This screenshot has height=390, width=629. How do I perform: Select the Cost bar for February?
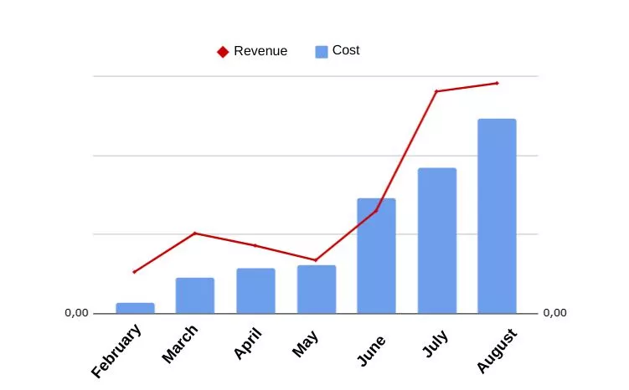pos(135,308)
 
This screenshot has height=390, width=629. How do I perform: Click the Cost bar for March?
pos(195,295)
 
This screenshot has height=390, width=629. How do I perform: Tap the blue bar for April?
pos(255,290)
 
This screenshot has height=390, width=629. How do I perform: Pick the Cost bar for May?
pos(316,289)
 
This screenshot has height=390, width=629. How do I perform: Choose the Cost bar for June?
pos(376,255)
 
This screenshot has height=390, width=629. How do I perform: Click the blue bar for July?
pos(436,240)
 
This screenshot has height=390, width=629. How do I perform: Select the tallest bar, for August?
pos(497,216)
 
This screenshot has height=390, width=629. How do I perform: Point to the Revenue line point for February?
pos(134,272)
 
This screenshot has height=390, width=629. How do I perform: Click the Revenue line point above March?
pos(195,233)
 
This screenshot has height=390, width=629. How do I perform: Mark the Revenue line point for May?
pos(316,260)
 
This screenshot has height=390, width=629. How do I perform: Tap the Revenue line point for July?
pos(436,91)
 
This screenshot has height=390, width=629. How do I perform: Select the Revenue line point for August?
pos(497,83)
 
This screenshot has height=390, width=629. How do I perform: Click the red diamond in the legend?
pos(223,52)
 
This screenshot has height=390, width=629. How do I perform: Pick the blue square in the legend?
pos(321,52)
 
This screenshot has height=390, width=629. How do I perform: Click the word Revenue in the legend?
pos(260,51)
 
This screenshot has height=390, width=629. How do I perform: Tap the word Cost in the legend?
pos(346,50)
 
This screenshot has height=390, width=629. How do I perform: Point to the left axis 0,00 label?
pos(76,313)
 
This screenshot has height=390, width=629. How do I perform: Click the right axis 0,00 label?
pos(554,313)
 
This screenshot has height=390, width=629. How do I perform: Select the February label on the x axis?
pos(117,351)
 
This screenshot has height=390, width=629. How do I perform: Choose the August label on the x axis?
pos(498,351)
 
